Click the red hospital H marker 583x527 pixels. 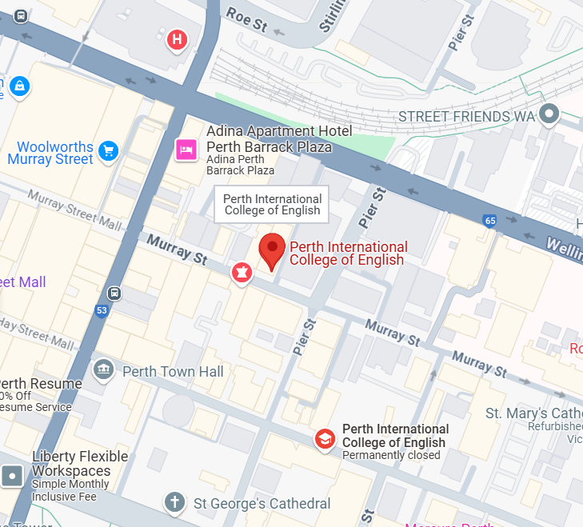[178, 38]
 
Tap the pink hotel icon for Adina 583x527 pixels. [186, 149]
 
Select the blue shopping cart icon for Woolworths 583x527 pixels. [109, 150]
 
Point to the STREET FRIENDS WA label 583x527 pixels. [466, 117]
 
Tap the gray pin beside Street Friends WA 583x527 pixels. [549, 114]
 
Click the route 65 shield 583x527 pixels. [489, 220]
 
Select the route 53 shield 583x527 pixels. [102, 311]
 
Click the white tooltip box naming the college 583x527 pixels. [272, 205]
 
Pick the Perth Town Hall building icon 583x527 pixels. [103, 369]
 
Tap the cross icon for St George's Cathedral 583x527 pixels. [174, 502]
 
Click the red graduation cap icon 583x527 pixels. [324, 439]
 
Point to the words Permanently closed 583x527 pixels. [391, 455]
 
